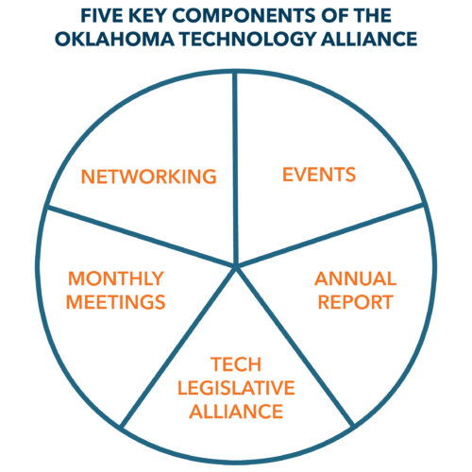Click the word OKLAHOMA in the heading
(114, 39)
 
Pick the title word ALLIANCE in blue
(369, 39)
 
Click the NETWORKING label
(149, 177)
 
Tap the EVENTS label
(319, 175)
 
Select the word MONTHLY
(116, 278)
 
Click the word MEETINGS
(115, 302)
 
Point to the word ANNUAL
(355, 278)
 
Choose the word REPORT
(355, 302)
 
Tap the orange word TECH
(236, 364)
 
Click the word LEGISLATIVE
(236, 388)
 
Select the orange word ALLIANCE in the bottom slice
(236, 412)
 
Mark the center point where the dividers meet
(236, 266)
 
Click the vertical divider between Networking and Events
(236, 169)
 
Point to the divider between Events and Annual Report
(329, 236)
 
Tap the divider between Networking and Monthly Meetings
(142, 236)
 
